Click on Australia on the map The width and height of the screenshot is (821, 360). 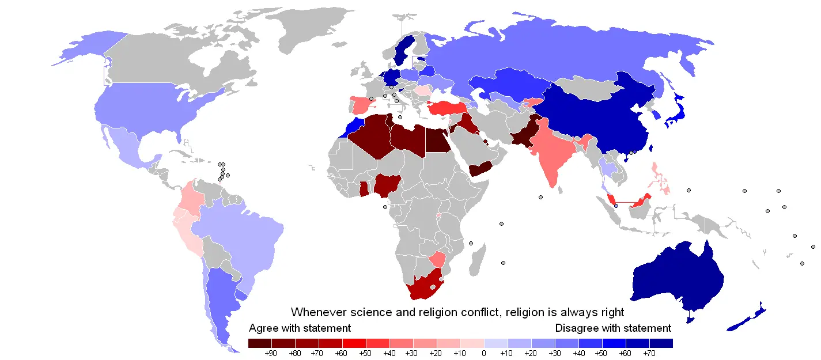click(674, 276)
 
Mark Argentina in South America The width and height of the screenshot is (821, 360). click(222, 294)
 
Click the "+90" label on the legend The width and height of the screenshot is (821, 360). click(271, 353)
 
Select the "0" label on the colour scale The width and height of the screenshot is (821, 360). click(484, 353)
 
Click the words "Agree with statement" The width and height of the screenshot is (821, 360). click(300, 328)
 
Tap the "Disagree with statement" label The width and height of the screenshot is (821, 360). click(613, 328)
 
